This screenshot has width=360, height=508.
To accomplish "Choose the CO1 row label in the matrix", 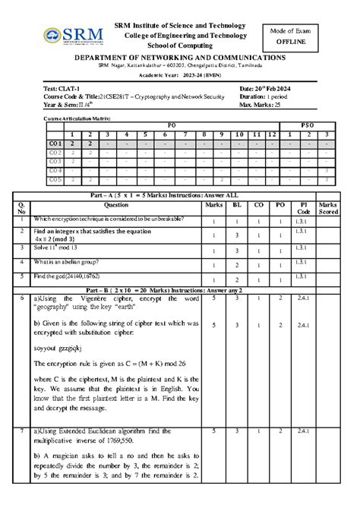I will [55, 143].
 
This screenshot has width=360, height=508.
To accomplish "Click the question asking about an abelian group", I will [84, 262].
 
